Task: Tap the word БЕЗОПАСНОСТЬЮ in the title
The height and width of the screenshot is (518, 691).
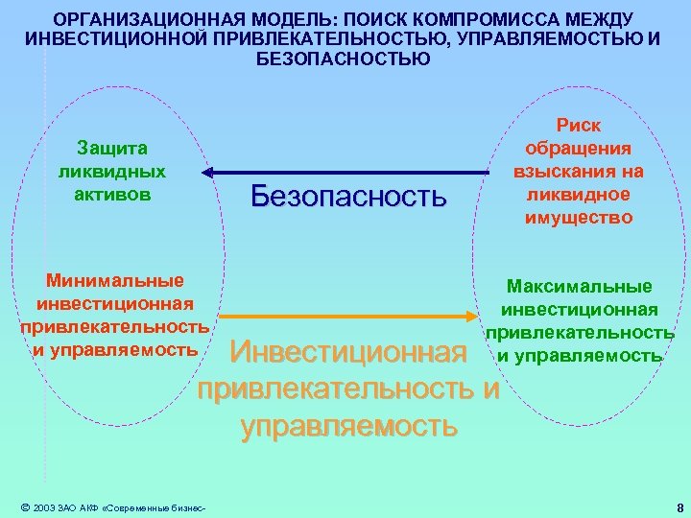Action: [x=345, y=58]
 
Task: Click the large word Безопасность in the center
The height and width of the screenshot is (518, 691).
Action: [x=348, y=196]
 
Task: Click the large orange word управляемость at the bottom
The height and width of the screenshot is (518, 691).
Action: [x=349, y=425]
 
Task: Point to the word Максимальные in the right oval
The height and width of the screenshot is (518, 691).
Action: [x=580, y=287]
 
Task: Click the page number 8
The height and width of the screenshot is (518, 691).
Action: [x=679, y=507]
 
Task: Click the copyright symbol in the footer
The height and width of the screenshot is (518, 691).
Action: [x=24, y=507]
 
